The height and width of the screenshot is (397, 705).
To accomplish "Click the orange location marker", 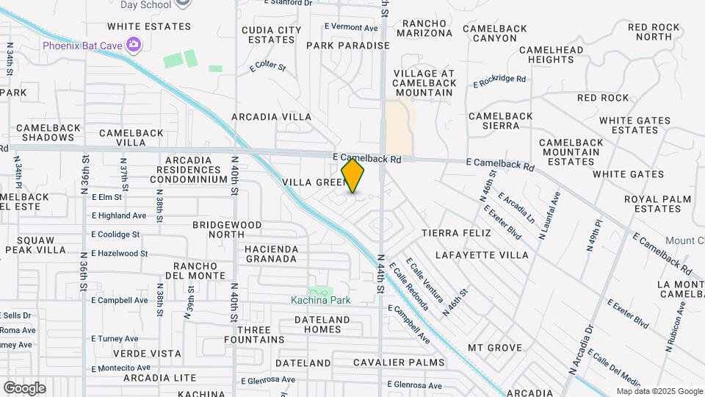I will coord(353,176).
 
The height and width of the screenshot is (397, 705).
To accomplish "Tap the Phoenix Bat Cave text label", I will coord(82,46).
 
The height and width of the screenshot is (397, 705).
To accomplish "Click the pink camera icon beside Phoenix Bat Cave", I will coord(133,46).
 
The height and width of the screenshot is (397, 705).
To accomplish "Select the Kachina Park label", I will coord(320,300).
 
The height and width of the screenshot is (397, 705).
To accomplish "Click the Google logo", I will coord(24,387).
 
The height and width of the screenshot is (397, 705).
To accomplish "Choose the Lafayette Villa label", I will coord(482,255).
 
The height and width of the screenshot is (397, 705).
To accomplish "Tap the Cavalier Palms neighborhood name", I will coord(399,362).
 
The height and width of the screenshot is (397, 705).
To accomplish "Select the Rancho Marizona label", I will coord(424,28).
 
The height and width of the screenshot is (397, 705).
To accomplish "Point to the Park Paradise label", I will coord(347,46).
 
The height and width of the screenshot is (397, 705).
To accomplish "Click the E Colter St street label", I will coord(267,66).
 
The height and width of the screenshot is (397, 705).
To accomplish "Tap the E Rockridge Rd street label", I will coord(500,80).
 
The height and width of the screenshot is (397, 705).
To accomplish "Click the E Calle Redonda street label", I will coord(409,286).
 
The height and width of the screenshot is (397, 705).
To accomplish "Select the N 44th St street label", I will coord(381,274).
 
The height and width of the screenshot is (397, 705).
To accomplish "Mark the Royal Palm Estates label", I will coord(657,204).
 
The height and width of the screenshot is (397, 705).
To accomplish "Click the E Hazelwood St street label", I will coord(120,253).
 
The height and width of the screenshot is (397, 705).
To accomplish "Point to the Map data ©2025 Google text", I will coord(658,391).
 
